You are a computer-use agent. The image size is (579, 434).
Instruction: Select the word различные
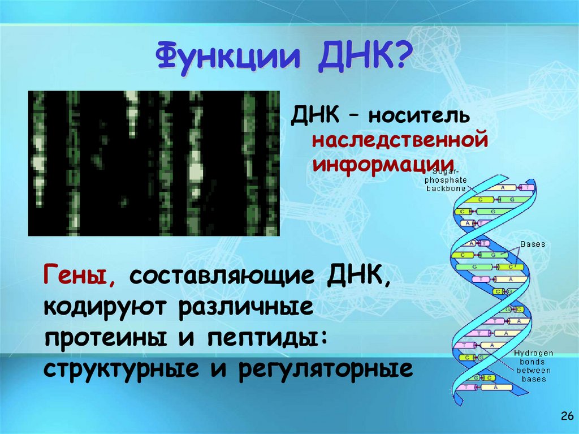[x=246, y=308]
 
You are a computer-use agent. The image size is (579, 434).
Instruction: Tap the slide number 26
[x=566, y=417]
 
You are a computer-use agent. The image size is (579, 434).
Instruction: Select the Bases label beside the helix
[x=533, y=244]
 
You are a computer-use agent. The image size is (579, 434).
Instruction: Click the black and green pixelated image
[x=153, y=163]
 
